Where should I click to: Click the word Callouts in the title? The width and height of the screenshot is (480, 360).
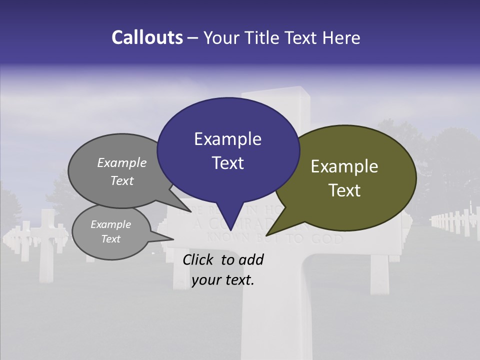(147, 37)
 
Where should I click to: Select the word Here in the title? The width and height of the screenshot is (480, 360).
(342, 37)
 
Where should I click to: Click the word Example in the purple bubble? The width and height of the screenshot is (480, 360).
(227, 138)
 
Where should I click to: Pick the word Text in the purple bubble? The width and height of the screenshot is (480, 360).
(227, 162)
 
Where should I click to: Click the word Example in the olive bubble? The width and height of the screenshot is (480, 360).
(344, 166)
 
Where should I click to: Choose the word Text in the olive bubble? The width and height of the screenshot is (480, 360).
(344, 190)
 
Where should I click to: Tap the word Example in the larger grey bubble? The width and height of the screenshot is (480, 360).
(122, 162)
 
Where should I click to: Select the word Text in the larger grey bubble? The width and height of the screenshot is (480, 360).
(122, 180)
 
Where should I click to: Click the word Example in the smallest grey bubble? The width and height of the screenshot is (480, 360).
(110, 224)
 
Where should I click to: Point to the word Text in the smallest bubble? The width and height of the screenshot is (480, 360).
(110, 239)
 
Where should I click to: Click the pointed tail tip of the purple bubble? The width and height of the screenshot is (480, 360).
(230, 231)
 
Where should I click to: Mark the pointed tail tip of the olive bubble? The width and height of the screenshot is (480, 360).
(266, 235)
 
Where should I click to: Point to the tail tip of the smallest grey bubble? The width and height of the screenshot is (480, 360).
(173, 238)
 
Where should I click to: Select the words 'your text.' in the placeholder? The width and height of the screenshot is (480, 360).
(223, 280)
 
